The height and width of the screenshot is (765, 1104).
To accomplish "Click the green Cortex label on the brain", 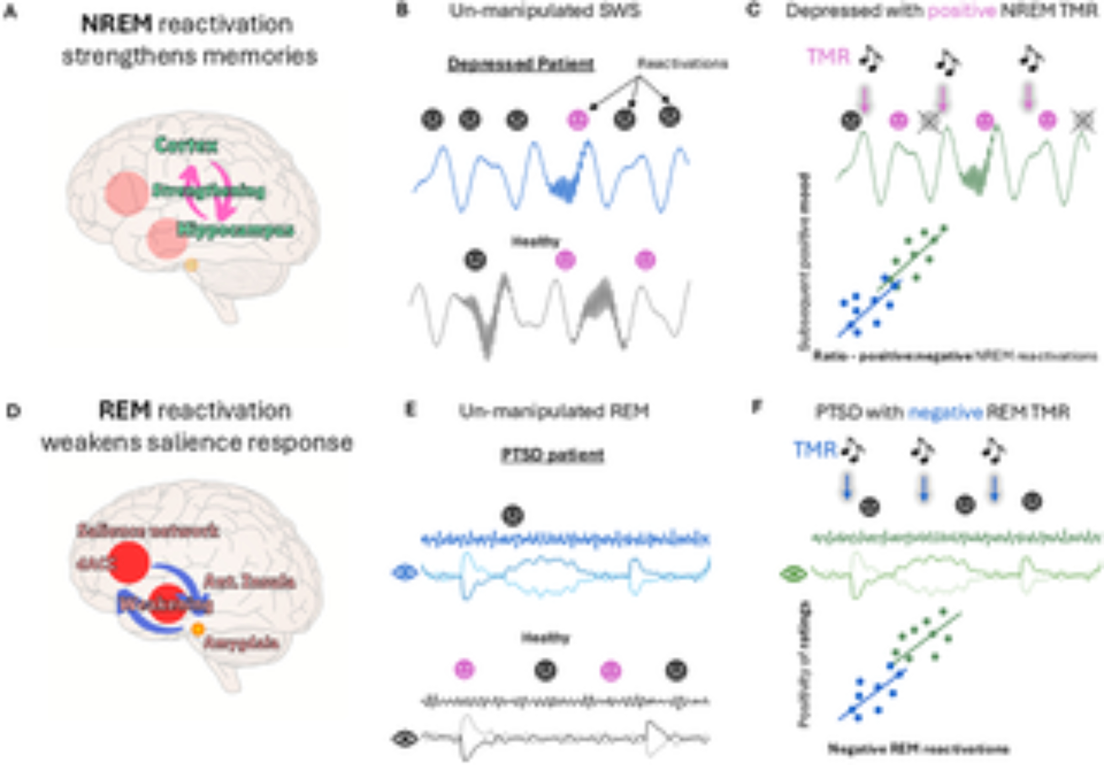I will point(186,145).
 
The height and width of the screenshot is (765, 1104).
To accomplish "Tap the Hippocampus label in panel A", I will point(235,230).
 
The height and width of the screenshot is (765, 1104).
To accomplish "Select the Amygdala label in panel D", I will point(241,643).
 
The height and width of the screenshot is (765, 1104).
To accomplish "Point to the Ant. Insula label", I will point(249,581).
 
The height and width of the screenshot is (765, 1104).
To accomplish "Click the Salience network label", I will point(147,531).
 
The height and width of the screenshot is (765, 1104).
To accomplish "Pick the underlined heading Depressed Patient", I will point(521,65).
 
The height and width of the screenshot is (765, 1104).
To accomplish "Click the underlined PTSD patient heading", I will point(553,456).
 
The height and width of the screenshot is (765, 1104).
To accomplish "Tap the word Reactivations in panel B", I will point(682,63).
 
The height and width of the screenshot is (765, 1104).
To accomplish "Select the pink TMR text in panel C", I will point(828,57).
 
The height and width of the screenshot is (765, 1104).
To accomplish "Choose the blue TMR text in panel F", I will point(815,450).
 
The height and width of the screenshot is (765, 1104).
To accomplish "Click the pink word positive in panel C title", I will point(961,11).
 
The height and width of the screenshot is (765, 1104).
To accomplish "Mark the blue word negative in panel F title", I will point(945,412).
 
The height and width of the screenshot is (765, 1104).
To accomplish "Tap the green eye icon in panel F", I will point(793,575).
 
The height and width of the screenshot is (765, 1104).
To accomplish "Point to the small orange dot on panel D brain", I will point(198,629).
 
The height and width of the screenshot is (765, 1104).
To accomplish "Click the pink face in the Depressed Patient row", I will point(578,120).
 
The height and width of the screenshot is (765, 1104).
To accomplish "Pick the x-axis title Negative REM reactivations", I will point(919,749).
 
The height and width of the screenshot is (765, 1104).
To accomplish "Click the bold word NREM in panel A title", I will point(116,24).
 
